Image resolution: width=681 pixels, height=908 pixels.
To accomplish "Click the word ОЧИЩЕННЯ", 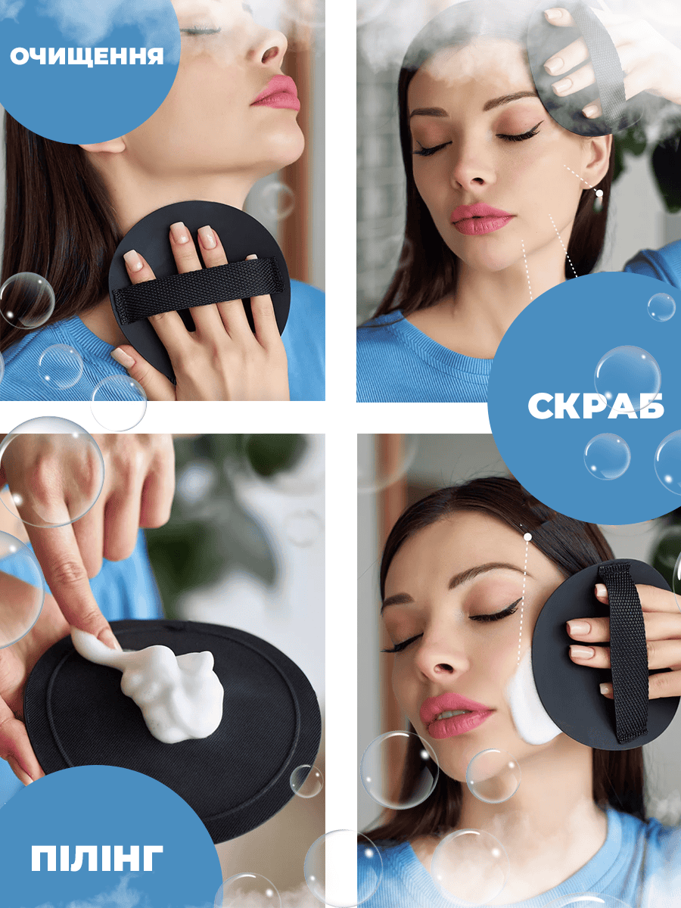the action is click(87, 56).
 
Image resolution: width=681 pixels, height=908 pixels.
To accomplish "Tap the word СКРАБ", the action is click(595, 406).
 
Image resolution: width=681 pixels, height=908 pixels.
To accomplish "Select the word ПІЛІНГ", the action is click(97, 857).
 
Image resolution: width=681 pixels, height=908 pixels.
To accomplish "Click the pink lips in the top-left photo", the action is click(277, 93).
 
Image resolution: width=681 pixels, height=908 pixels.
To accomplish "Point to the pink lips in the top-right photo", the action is click(482, 219).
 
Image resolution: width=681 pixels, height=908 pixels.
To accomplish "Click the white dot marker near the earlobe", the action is click(599, 193).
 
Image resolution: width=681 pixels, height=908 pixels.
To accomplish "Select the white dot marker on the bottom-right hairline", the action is click(527, 537).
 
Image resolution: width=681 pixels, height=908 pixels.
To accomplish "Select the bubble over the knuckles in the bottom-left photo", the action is click(51, 471).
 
